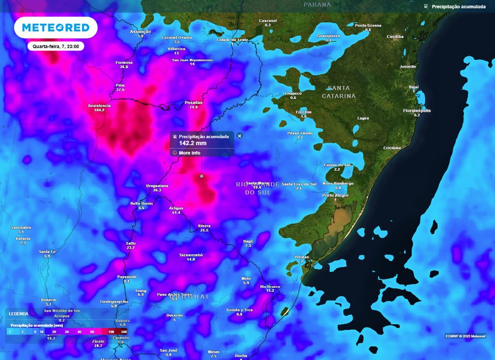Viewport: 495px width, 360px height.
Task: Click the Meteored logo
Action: [56, 28]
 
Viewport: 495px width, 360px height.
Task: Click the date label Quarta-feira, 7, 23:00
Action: [56, 46]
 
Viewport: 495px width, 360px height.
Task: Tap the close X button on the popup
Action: [239, 136]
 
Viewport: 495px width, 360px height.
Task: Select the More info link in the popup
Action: [189, 153]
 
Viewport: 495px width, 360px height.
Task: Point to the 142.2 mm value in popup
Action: [193, 143]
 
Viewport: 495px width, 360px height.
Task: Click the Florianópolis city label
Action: [417, 111]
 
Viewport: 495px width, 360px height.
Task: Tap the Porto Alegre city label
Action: [335, 195]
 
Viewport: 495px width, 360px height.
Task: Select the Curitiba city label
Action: [395, 37]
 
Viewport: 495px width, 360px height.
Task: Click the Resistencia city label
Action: [99, 105]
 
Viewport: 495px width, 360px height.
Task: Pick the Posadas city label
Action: [193, 103]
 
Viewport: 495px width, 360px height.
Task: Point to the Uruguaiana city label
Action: [157, 186]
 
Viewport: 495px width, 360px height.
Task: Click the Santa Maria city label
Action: [257, 183]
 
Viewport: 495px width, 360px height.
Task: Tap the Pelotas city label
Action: [302, 257]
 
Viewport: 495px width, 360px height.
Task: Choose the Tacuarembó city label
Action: [191, 255]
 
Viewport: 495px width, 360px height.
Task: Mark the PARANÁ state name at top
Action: [317, 4]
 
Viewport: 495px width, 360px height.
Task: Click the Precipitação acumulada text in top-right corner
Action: [459, 7]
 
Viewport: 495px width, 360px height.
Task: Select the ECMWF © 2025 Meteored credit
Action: [466, 336]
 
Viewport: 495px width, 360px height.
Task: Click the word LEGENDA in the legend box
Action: [18, 314]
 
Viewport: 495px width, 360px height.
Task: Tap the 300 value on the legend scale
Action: [124, 332]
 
